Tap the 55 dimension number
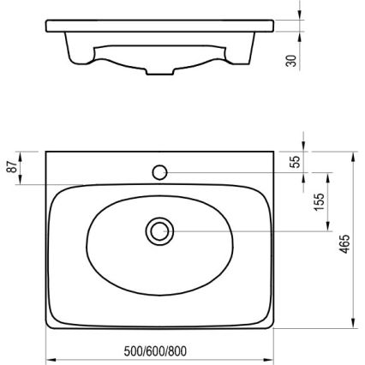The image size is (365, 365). click(x=296, y=162)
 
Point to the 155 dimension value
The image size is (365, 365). click(x=319, y=202)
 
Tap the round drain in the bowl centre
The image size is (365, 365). click(x=159, y=230)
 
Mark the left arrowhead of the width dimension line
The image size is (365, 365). click(x=49, y=358)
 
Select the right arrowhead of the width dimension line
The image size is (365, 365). click(x=272, y=358)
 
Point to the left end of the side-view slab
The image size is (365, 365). click(x=45, y=24)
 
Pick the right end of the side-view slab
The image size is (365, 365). click(x=274, y=24)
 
